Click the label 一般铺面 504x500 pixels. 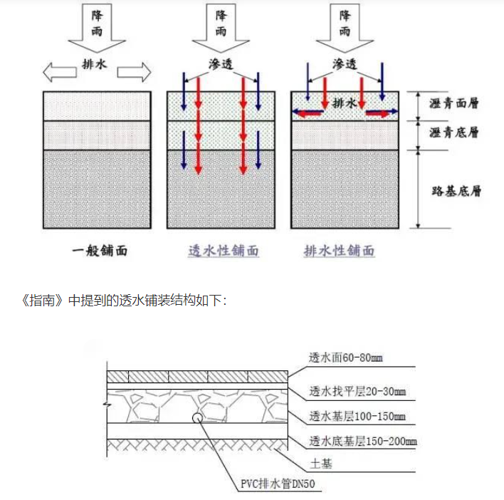click(99, 251)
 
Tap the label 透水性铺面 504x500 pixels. click(223, 251)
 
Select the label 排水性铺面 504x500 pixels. click(340, 251)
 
